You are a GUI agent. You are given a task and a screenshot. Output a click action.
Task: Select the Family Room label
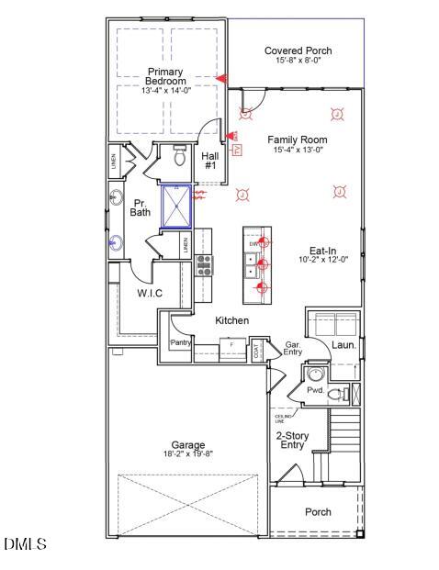point(297,140)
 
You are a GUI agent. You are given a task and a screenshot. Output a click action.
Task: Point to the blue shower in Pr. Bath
point(175,206)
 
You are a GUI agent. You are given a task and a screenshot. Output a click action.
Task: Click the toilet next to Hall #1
point(180,157)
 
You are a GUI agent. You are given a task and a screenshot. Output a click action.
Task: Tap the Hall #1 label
point(209,161)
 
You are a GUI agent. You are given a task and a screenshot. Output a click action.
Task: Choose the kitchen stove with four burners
point(204,265)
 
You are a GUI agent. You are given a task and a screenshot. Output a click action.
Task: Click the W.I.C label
point(150,293)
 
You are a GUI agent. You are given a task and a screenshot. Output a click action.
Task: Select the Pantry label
point(180,342)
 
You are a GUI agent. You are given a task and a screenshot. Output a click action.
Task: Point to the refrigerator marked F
point(231,345)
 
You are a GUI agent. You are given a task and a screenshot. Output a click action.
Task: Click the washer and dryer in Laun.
point(334,326)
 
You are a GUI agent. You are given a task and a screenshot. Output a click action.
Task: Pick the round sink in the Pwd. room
point(315,374)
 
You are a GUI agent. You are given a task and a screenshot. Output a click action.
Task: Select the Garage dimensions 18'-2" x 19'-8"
point(187,454)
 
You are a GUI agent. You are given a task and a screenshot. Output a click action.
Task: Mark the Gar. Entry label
point(294,346)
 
